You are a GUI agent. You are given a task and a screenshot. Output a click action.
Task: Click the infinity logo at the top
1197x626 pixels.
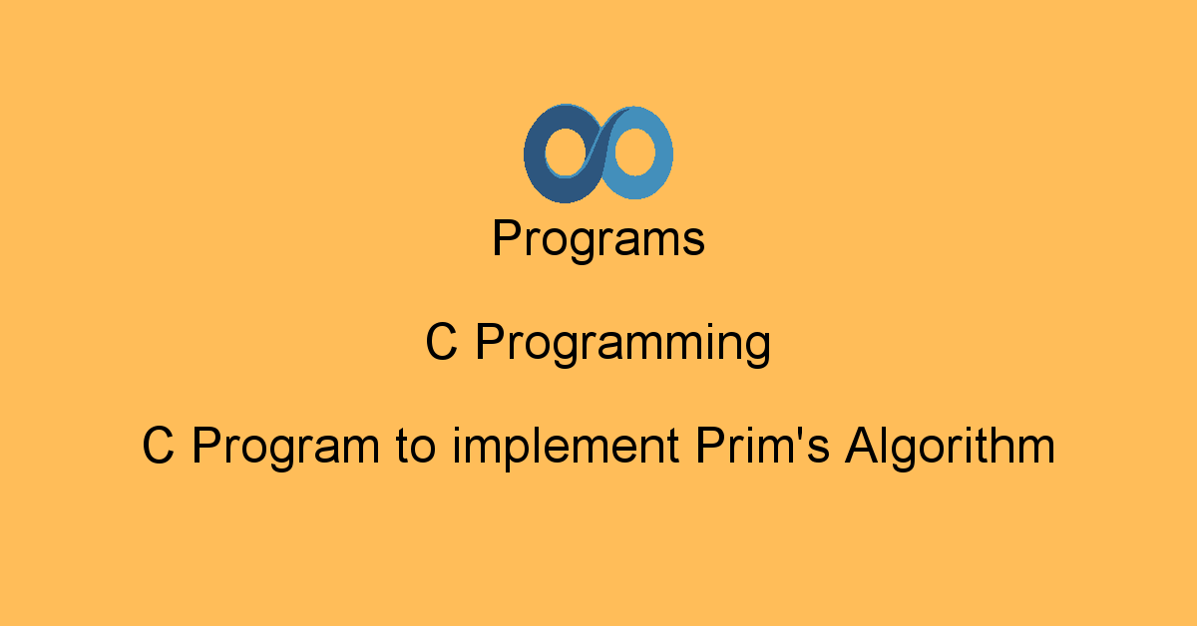[598, 154]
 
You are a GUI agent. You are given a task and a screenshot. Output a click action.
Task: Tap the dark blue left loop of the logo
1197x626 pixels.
[535, 155]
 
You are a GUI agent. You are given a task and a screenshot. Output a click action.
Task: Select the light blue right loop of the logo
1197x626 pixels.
[662, 153]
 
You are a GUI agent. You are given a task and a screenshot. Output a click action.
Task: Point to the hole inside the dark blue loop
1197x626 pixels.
[567, 153]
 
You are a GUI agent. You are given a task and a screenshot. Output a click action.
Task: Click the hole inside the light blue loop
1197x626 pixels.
[634, 152]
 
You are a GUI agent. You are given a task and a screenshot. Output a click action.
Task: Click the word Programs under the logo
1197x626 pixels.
[598, 240]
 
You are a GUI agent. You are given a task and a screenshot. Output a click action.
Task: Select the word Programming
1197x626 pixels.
[623, 344]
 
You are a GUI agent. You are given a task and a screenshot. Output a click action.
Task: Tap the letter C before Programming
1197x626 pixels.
[441, 341]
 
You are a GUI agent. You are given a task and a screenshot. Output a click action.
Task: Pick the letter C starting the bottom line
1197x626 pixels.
[159, 445]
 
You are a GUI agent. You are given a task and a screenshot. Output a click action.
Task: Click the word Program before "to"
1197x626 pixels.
[286, 448]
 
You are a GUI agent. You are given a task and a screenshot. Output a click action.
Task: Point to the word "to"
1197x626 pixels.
[416, 447]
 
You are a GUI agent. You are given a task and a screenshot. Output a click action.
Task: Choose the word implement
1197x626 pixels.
[566, 448]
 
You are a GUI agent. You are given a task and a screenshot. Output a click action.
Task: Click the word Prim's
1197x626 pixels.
[763, 445]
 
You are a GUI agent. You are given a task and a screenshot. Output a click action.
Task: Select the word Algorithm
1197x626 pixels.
[950, 448]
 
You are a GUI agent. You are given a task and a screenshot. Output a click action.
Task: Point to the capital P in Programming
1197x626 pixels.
[492, 341]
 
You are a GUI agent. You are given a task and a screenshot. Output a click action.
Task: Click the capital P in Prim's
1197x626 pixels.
[712, 445]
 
